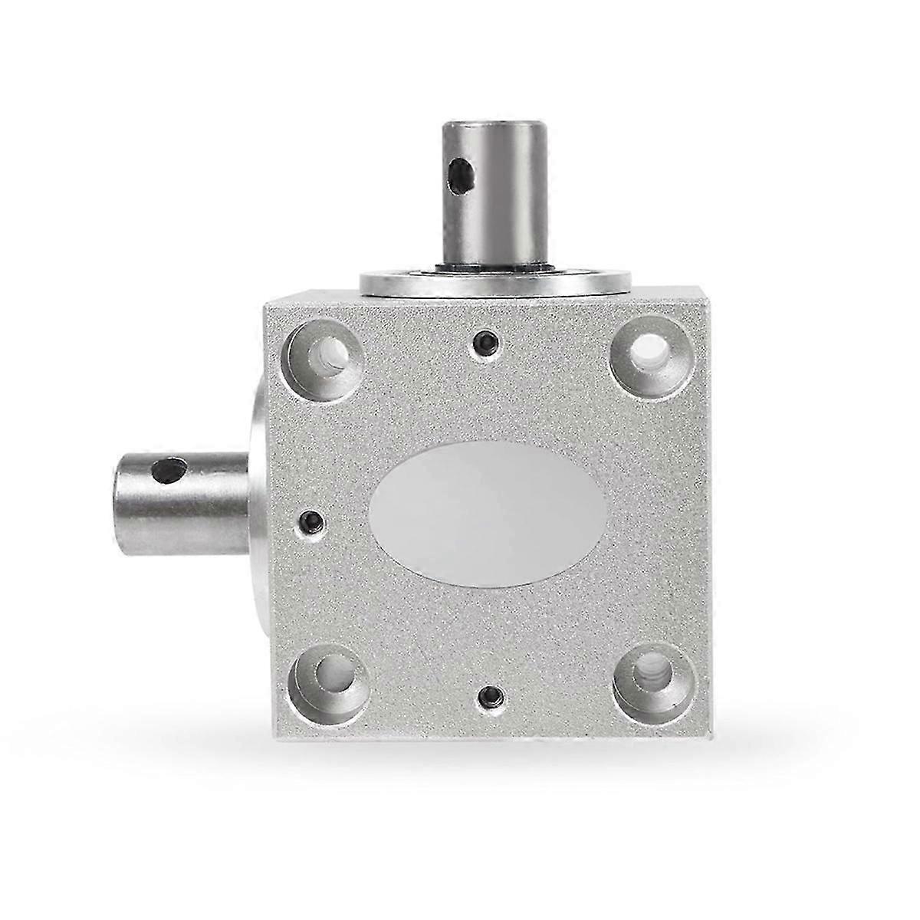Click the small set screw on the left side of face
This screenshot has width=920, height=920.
coord(309,523)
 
